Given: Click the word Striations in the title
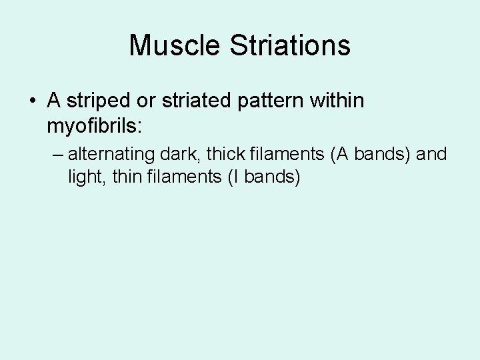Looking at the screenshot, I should [x=291, y=46].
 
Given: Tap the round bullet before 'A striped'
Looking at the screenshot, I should [x=33, y=102].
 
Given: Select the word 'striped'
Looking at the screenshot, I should [x=97, y=102].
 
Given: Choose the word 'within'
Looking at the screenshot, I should [x=340, y=102].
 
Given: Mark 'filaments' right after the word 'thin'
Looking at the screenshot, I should [x=179, y=177].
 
